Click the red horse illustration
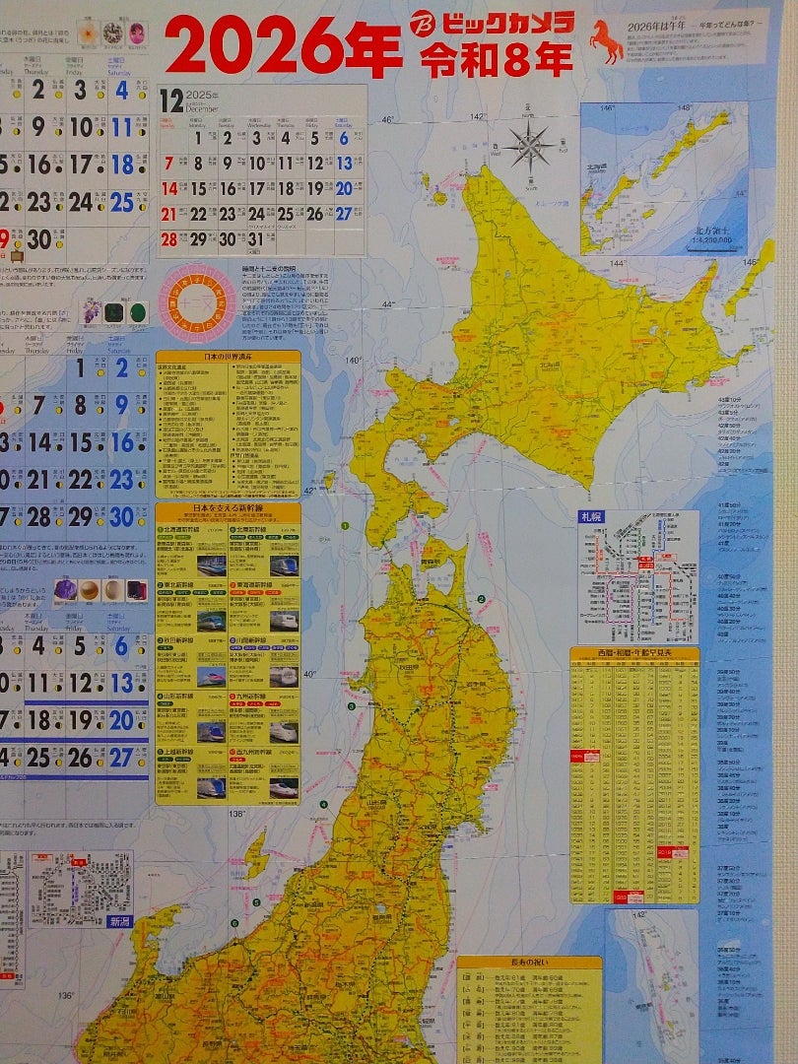coord(606,42)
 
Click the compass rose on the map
coord(532,148)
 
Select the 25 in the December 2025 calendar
coord(286,214)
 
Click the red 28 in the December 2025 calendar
coord(169,239)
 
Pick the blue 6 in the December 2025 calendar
coord(344,138)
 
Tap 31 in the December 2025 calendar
coord(256,239)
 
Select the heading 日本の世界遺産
coord(228,357)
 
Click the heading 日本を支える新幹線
coord(228,509)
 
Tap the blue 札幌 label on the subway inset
coord(590,516)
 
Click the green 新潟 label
coord(119,921)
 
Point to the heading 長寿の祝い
coord(528,963)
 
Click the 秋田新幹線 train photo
coord(212,677)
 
